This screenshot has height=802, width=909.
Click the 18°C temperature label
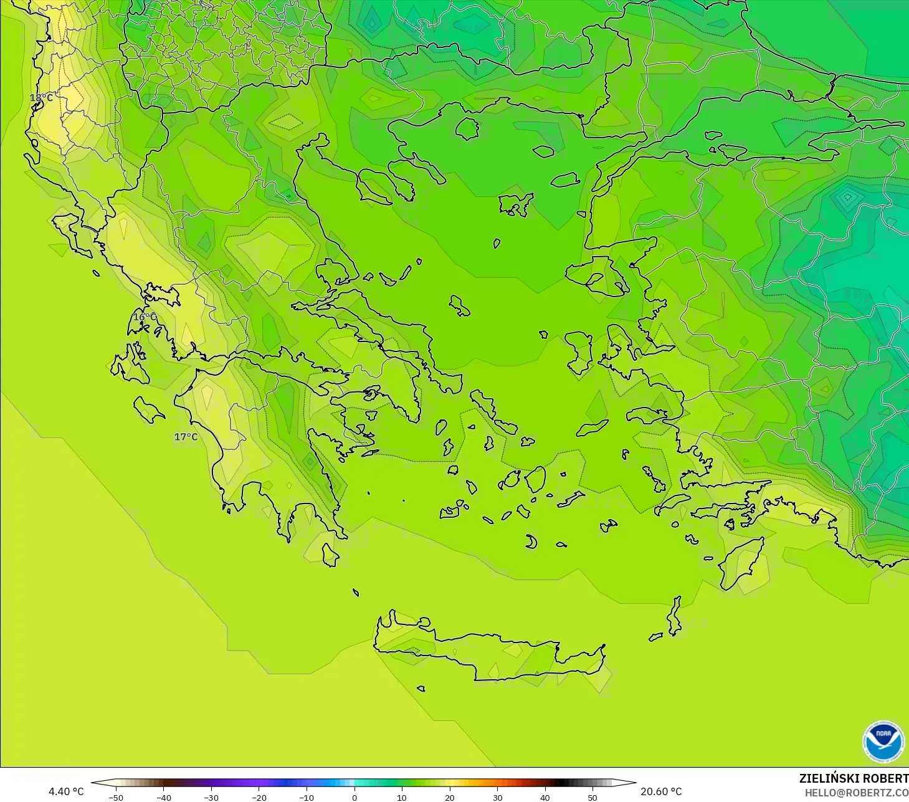pos(42,98)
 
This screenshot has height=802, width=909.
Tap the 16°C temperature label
pos(145,317)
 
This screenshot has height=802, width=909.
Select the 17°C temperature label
pos(186,437)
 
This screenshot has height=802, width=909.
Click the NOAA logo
pos(883,742)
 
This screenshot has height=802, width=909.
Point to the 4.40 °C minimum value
pos(66,791)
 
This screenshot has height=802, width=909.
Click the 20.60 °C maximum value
pos(661,791)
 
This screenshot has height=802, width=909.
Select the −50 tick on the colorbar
pos(116,797)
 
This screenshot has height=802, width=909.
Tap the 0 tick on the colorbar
pos(355,797)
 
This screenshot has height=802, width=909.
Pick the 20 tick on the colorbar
pos(449,797)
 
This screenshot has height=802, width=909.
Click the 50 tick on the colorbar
pos(593,797)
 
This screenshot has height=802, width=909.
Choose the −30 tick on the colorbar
pos(211,797)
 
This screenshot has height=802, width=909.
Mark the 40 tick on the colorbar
pos(545,797)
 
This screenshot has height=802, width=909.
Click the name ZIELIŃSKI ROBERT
pos(854,778)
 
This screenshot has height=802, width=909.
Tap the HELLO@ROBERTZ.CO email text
pos(856,793)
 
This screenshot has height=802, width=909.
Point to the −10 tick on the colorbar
pos(307,797)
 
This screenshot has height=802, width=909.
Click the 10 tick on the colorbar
pos(402,797)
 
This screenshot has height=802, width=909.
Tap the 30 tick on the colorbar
pos(497,797)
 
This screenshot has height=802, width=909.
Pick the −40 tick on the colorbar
pos(163,797)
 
